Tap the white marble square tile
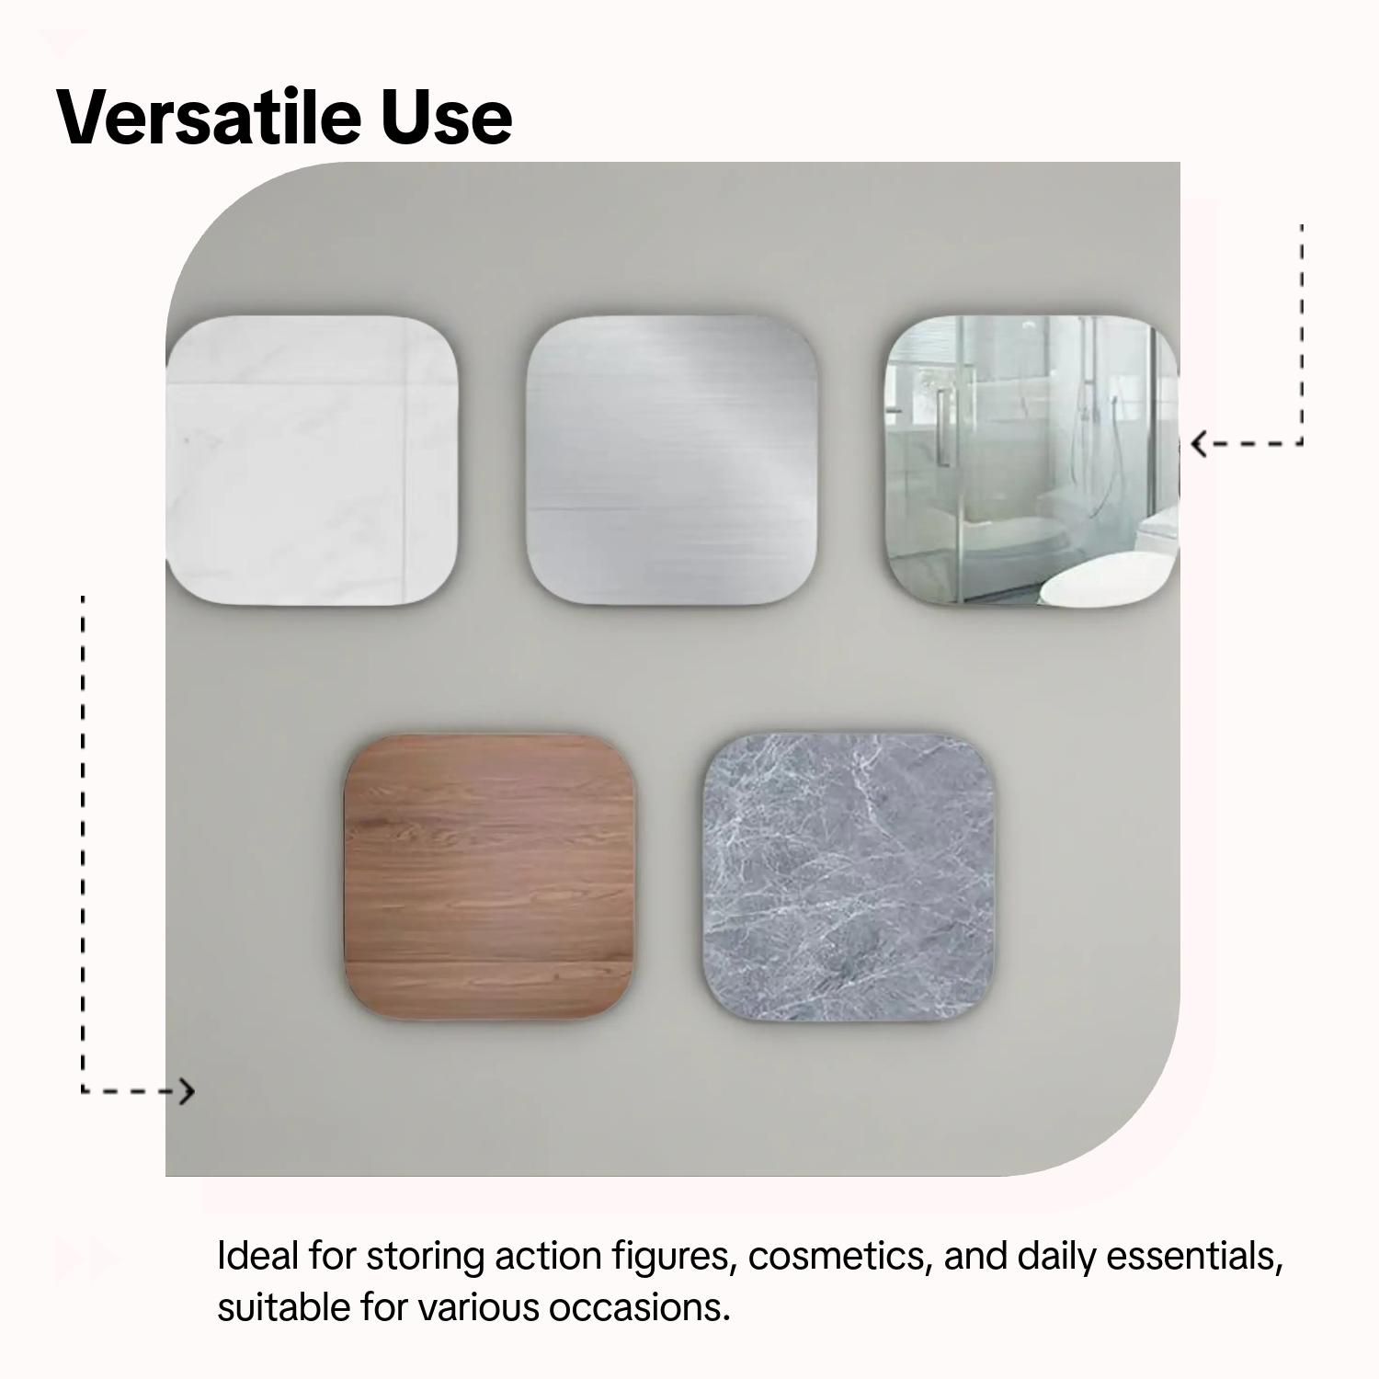[x=312, y=462]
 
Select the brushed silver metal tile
[x=672, y=462]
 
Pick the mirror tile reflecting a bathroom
[x=1032, y=462]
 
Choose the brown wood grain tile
[x=490, y=878]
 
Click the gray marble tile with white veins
[x=850, y=878]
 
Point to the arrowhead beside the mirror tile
[x=1199, y=445]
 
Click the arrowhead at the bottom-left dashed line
[x=188, y=1091]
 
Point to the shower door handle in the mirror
[x=941, y=427]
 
